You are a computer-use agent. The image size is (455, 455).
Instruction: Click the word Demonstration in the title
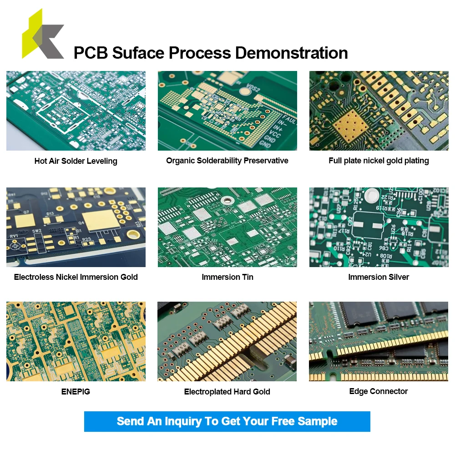click(291, 53)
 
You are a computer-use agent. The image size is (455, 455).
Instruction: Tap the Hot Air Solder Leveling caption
click(76, 161)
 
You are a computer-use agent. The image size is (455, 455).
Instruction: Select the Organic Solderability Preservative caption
click(227, 161)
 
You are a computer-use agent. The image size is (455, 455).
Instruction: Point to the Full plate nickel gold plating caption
click(379, 161)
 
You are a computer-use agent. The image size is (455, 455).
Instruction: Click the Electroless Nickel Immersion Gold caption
click(76, 277)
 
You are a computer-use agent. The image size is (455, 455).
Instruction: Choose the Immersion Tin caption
click(227, 277)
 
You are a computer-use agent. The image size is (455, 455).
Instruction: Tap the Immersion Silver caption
click(379, 277)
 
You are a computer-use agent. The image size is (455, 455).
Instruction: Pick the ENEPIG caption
click(76, 392)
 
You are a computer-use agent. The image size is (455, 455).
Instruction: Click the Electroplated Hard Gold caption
click(227, 392)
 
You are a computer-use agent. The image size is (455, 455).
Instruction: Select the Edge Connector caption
click(379, 391)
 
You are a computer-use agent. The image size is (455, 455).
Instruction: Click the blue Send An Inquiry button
click(227, 421)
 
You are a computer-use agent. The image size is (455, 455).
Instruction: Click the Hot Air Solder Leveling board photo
click(76, 111)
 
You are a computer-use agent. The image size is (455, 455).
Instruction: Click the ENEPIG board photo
click(76, 341)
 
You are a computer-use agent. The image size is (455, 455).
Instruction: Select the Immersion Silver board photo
click(379, 227)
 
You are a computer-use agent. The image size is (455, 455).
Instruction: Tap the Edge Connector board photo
click(379, 341)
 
